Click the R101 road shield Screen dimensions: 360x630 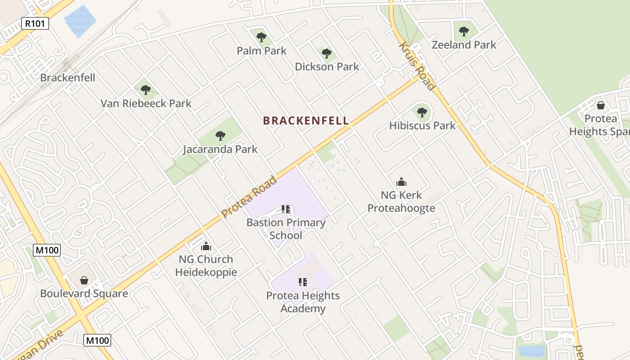pos(35,23)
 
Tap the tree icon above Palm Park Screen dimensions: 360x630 pos(261,36)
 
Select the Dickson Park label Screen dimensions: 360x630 pos(327,67)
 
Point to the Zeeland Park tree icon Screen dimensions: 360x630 pos(464,31)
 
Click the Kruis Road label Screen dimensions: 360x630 pos(417,67)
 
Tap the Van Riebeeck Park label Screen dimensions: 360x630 pos(146,103)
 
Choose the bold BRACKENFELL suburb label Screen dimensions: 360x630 pos(306,121)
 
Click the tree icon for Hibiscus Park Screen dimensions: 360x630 pos(422,112)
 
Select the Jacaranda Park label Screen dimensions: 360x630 pos(220,149)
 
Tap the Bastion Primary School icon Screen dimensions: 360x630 pos(286,209)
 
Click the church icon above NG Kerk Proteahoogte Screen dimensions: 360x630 pos(401,182)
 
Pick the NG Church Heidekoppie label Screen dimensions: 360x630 pos(206,265)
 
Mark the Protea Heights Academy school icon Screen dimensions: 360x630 pos(303,282)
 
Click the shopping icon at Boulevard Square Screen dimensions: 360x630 pos(84,280)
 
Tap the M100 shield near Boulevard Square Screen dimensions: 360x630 pos(47,250)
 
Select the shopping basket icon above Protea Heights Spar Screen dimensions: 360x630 pos(600,105)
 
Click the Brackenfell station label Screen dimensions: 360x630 pos(67,77)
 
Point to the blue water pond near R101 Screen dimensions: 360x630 pos(80,21)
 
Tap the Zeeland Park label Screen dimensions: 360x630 pos(464,45)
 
